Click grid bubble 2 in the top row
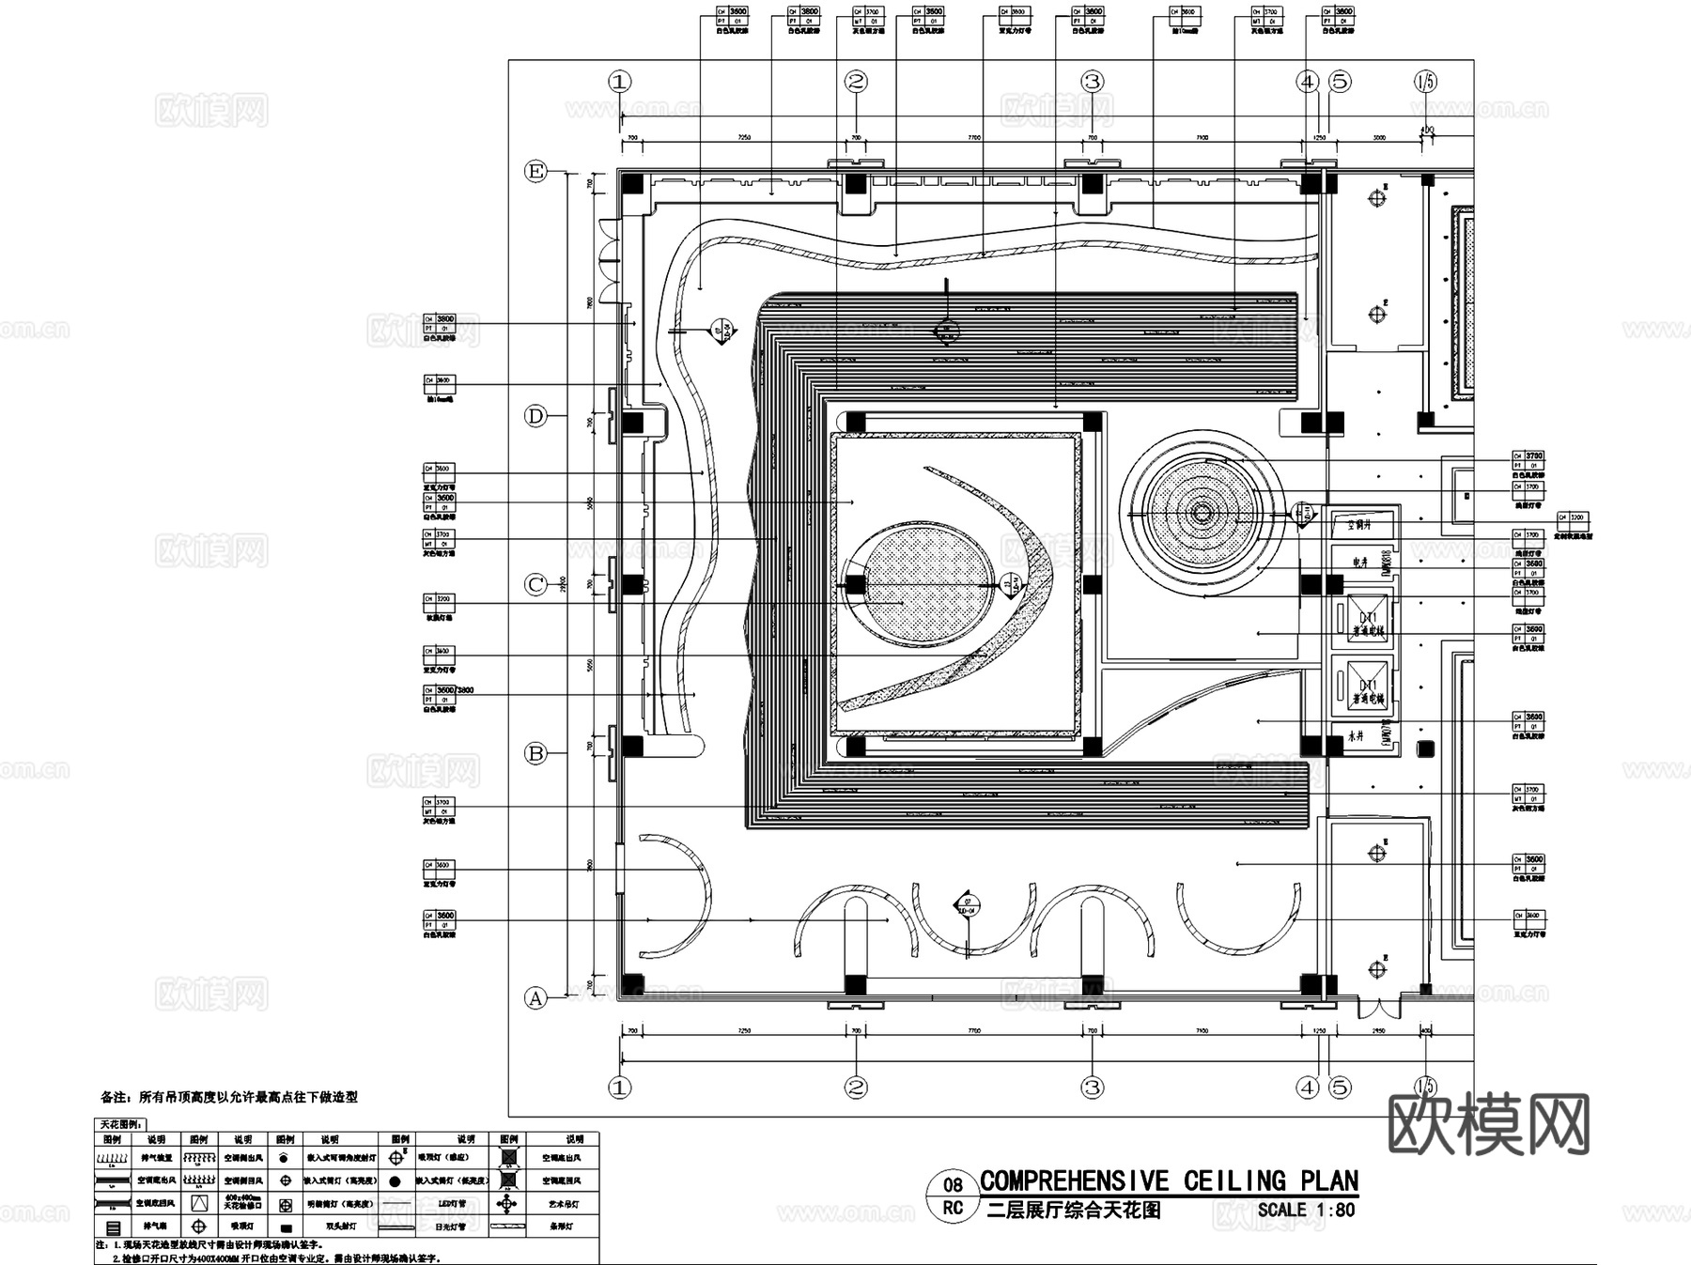click(855, 82)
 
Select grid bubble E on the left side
click(535, 172)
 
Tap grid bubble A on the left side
click(535, 997)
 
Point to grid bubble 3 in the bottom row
click(1091, 1088)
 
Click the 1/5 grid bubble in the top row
click(1424, 82)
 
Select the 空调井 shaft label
click(1359, 525)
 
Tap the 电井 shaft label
click(1359, 562)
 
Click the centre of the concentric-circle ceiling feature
click(1202, 513)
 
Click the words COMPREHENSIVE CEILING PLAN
click(1169, 1180)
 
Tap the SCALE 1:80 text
click(1306, 1210)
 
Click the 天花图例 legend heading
click(121, 1124)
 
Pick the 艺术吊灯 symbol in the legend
click(507, 1204)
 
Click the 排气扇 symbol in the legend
click(114, 1227)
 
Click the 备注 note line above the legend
click(229, 1096)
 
